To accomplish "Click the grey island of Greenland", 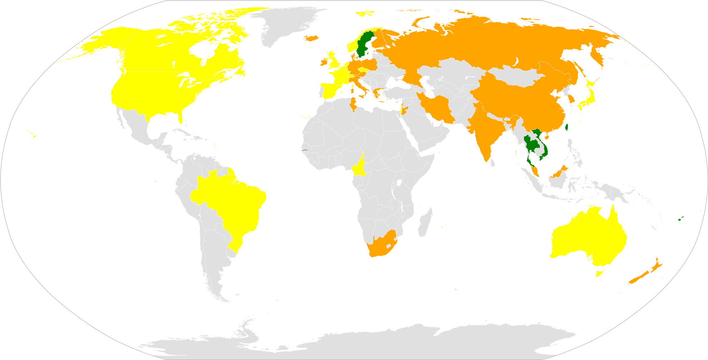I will coord(286,25).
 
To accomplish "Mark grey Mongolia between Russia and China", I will coord(515,77).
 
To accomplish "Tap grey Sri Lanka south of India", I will coord(493,163).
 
